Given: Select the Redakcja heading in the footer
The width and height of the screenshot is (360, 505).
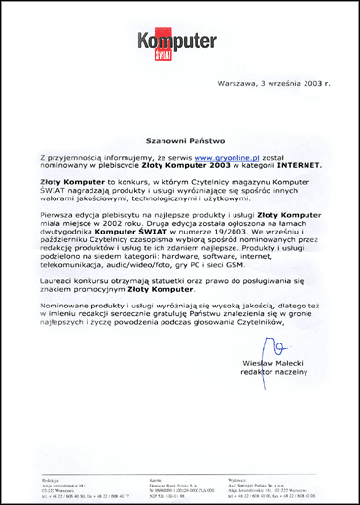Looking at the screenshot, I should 53,479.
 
